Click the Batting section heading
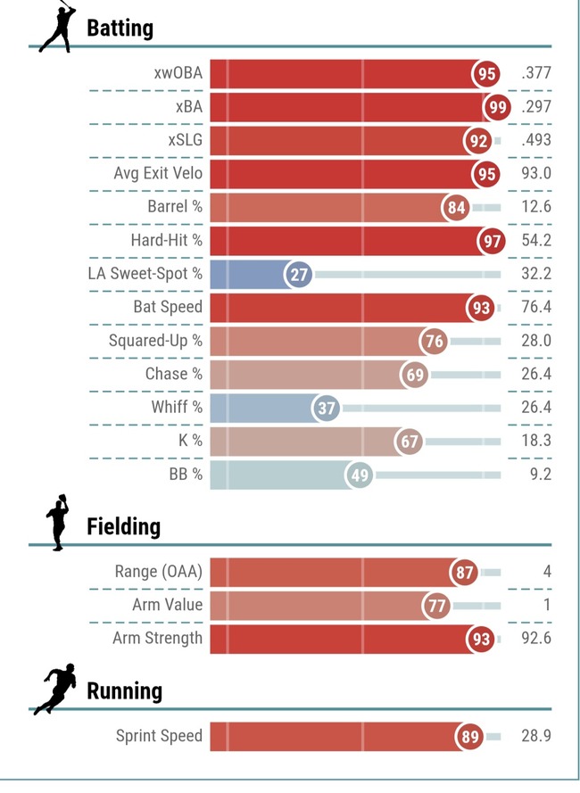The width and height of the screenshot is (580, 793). click(120, 29)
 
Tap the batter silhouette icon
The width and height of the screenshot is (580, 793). click(58, 26)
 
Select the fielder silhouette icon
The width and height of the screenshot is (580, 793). click(58, 523)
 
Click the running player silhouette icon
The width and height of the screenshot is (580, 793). click(55, 689)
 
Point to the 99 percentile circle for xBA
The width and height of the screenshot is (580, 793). click(497, 107)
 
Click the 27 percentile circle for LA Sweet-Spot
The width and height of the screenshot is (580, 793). click(299, 275)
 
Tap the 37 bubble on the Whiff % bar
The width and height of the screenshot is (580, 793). click(327, 409)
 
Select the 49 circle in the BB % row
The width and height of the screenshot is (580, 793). click(360, 475)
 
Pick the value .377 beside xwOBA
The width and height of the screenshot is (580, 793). click(536, 73)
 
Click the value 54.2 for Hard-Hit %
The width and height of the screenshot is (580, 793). click(536, 240)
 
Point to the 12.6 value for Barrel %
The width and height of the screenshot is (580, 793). click(536, 207)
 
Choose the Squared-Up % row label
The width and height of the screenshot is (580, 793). click(155, 341)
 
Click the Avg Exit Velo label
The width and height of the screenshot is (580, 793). click(158, 173)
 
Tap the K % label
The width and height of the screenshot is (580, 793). click(190, 441)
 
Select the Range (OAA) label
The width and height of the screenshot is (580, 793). click(159, 572)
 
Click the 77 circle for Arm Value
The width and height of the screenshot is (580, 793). click(436, 606)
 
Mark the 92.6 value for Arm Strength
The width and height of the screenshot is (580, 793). click(536, 639)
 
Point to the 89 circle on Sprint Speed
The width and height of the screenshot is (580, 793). click(469, 737)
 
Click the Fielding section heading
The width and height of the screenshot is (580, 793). click(123, 527)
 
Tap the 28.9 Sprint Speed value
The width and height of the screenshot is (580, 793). click(536, 736)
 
